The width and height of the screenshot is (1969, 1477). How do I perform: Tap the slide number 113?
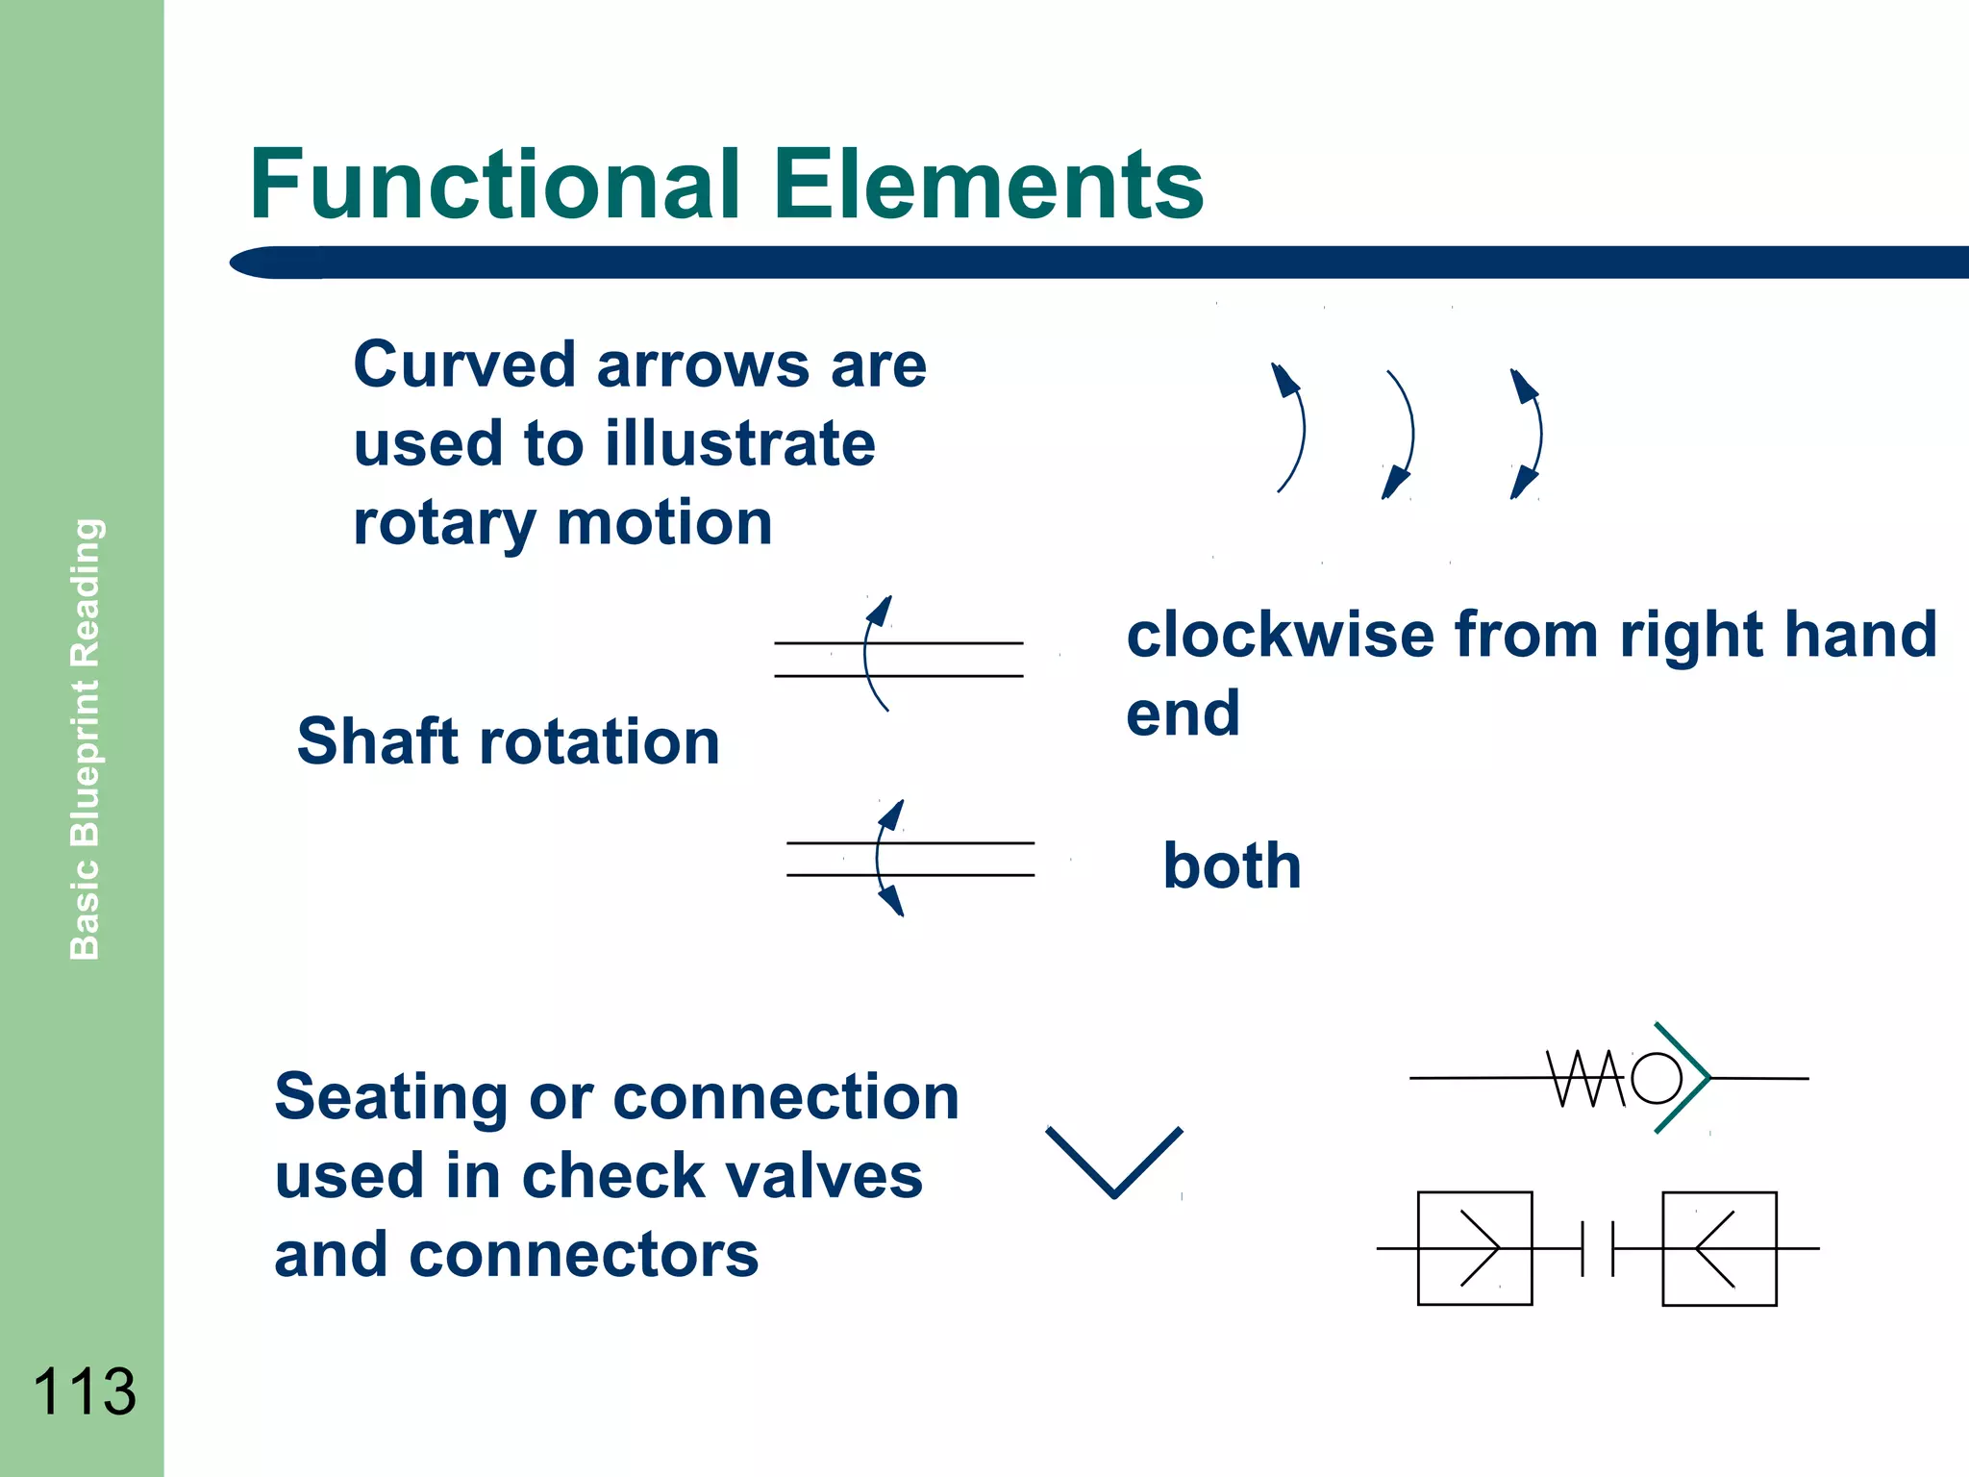pos(85,1391)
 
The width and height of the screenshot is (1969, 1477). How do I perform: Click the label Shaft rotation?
pos(508,741)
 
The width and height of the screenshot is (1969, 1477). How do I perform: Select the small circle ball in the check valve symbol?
pos(1656,1078)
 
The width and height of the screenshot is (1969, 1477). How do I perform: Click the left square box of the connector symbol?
pos(1474,1248)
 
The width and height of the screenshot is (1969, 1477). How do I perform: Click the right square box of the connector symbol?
pos(1719,1248)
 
